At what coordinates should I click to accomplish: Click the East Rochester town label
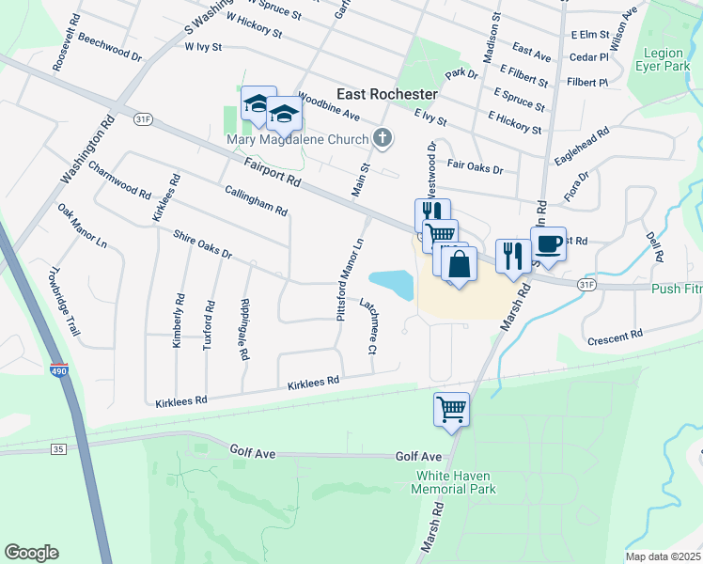(387, 95)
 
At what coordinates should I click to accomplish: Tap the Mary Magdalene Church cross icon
(382, 139)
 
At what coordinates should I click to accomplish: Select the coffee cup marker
(549, 245)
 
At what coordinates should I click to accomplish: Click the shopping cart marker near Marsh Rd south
(451, 409)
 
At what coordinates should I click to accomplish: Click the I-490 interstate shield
(58, 374)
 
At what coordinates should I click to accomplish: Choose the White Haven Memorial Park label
(456, 482)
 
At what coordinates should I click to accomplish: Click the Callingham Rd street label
(256, 200)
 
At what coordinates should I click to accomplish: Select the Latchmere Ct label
(367, 325)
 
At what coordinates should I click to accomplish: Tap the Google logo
(31, 553)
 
